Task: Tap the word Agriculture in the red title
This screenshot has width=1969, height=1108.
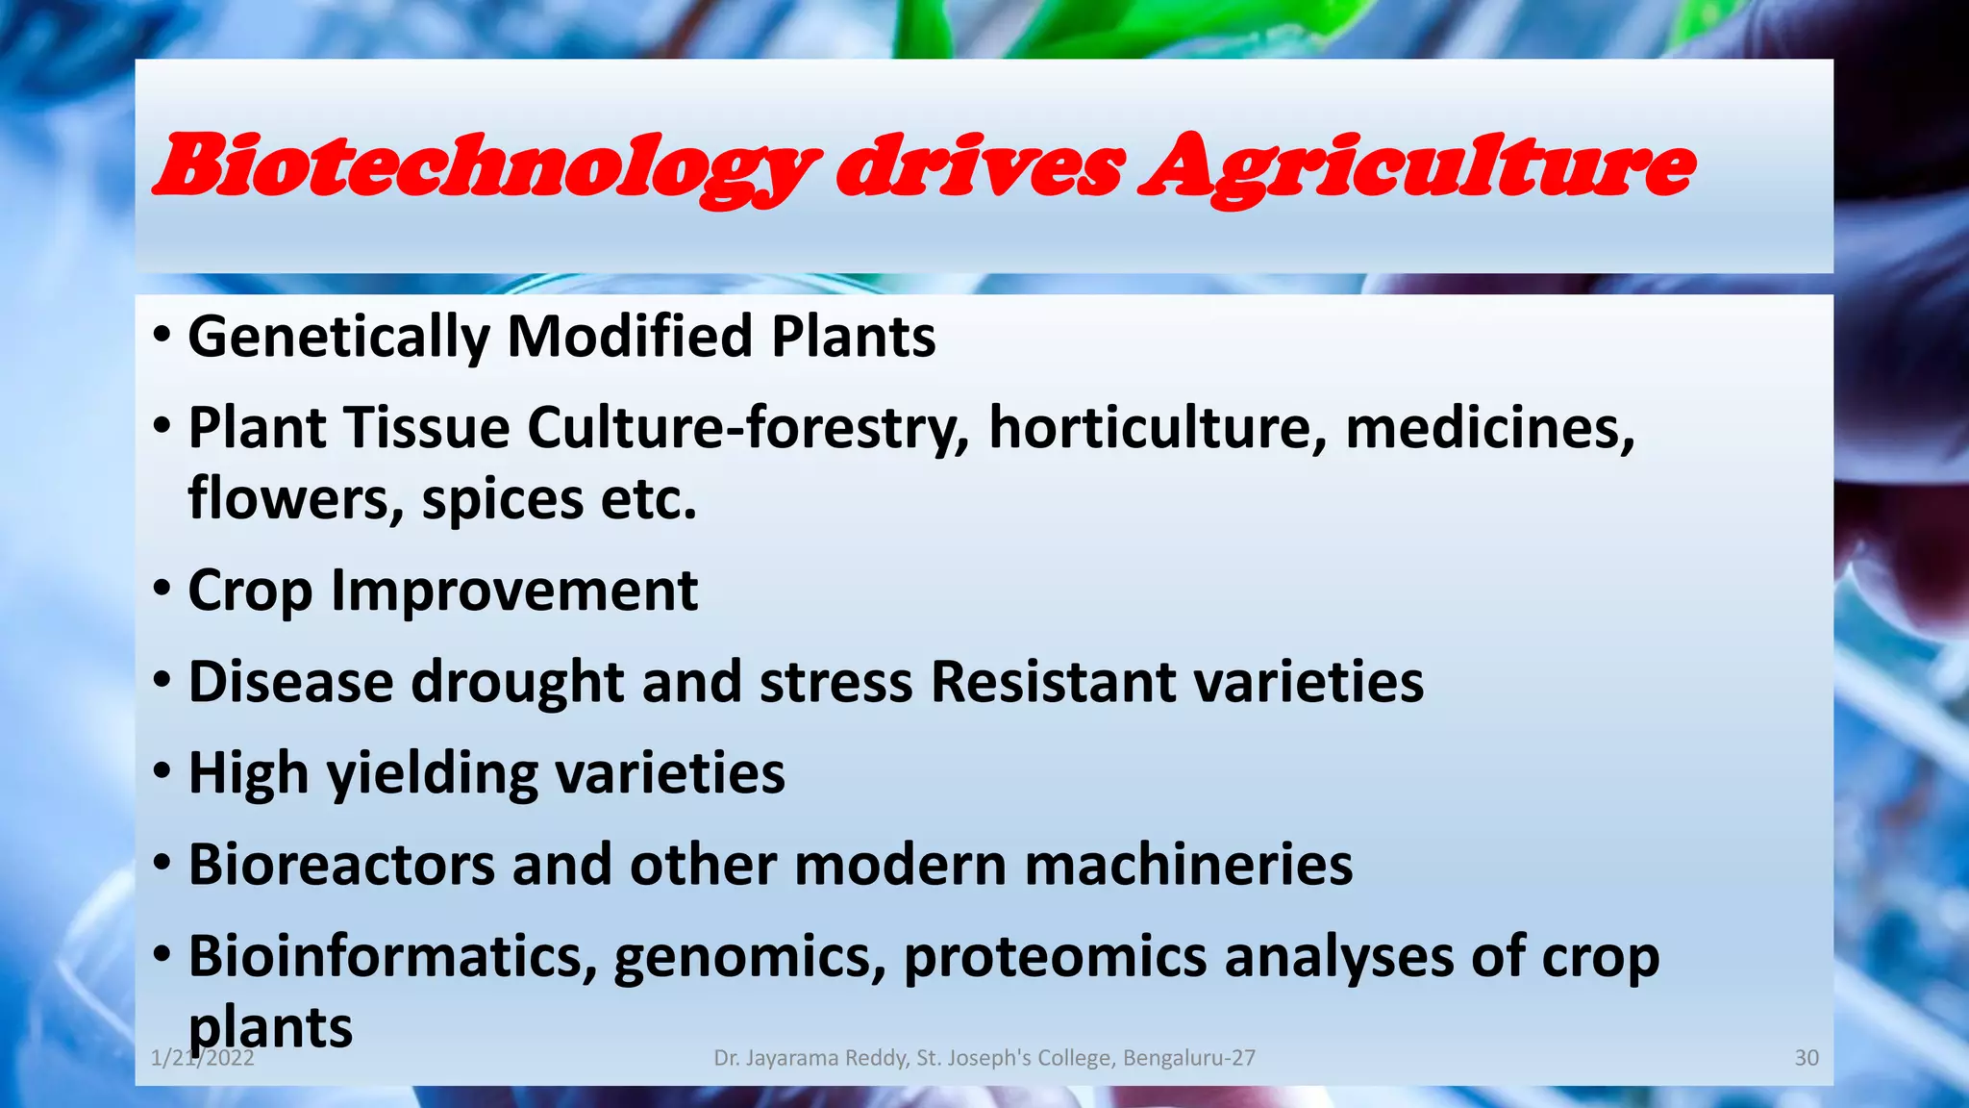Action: click(x=1416, y=168)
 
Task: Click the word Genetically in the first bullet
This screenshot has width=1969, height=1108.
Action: click(x=338, y=338)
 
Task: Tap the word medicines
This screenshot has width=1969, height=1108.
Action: click(x=1489, y=429)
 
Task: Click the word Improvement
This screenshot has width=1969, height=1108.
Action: click(x=513, y=590)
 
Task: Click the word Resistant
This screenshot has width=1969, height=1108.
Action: click(x=1053, y=682)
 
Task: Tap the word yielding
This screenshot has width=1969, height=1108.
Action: click(x=432, y=774)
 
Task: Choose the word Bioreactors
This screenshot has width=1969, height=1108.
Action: click(x=340, y=864)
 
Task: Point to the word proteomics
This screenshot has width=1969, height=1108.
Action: click(x=1055, y=958)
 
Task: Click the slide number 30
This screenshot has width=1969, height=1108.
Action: click(x=1806, y=1058)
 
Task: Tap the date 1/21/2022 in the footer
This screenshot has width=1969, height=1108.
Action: click(x=202, y=1059)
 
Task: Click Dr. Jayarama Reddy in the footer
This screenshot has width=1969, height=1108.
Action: click(x=810, y=1058)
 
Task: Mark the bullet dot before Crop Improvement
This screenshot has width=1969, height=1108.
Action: click(x=162, y=588)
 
